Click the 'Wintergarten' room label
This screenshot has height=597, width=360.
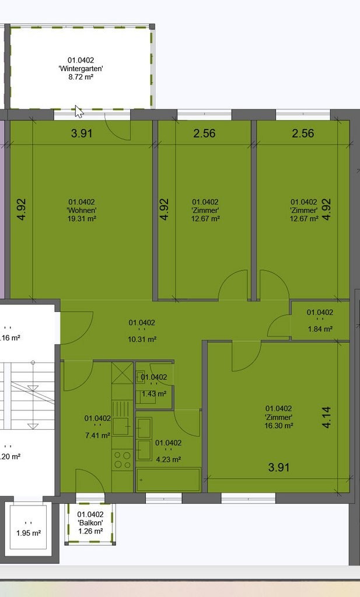click(81, 69)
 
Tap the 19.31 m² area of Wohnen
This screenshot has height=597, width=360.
click(82, 219)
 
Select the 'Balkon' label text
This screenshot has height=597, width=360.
click(90, 523)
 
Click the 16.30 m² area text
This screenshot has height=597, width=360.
click(279, 426)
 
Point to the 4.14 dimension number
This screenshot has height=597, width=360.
click(327, 417)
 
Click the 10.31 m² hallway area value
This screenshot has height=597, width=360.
click(142, 339)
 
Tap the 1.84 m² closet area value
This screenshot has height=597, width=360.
click(320, 329)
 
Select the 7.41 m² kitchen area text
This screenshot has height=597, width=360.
click(97, 435)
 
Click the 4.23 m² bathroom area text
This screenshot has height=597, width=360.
click(168, 459)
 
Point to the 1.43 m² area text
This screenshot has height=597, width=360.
click(154, 394)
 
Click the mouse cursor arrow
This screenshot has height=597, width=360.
click(78, 111)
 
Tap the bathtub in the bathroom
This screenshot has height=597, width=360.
click(168, 480)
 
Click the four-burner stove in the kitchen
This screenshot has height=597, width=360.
click(123, 459)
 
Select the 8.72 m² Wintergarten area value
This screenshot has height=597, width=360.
click(81, 77)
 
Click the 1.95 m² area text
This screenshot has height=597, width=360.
click(29, 533)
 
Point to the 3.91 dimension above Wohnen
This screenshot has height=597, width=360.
click(82, 134)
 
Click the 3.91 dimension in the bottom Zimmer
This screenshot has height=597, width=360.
click(279, 467)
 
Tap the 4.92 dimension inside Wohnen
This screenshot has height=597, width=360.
click(22, 209)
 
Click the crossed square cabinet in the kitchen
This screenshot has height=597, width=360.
click(123, 373)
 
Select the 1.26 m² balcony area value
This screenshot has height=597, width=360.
click(90, 531)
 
